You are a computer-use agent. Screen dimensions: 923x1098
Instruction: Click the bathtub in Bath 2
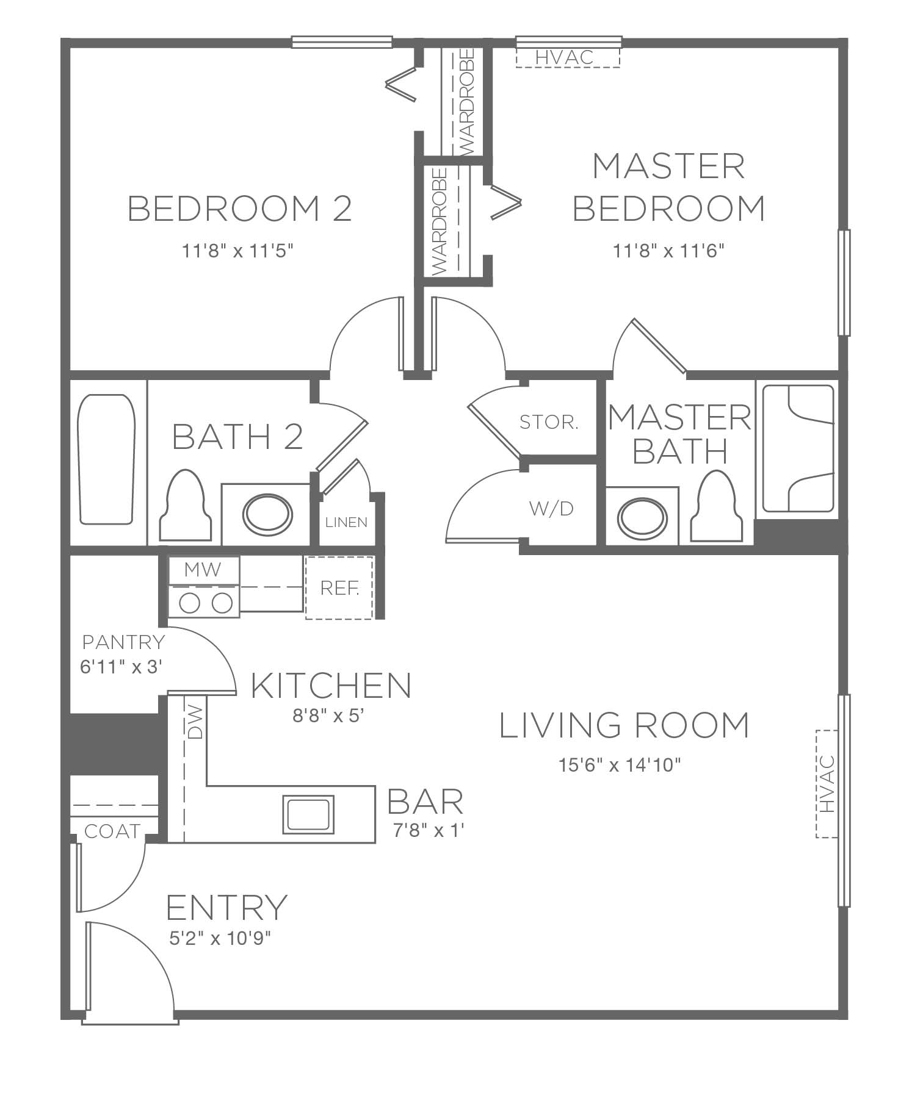106,459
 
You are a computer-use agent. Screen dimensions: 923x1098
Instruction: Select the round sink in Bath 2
267,514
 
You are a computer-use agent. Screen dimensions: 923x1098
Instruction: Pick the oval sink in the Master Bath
642,518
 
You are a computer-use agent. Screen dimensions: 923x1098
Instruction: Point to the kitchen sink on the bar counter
308,814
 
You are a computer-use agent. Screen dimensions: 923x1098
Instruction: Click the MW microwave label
203,570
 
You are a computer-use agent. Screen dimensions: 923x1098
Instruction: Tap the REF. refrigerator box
339,588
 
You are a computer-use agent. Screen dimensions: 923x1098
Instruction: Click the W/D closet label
552,508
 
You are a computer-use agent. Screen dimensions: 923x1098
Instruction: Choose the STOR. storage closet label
548,422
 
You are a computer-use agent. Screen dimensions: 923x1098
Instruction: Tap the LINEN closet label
347,522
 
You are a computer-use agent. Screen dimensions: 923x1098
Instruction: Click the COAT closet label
112,831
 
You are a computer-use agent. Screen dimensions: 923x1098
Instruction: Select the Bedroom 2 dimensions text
238,251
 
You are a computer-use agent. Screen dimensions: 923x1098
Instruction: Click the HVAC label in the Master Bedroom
564,57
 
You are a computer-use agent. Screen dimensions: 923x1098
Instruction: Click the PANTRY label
123,642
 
